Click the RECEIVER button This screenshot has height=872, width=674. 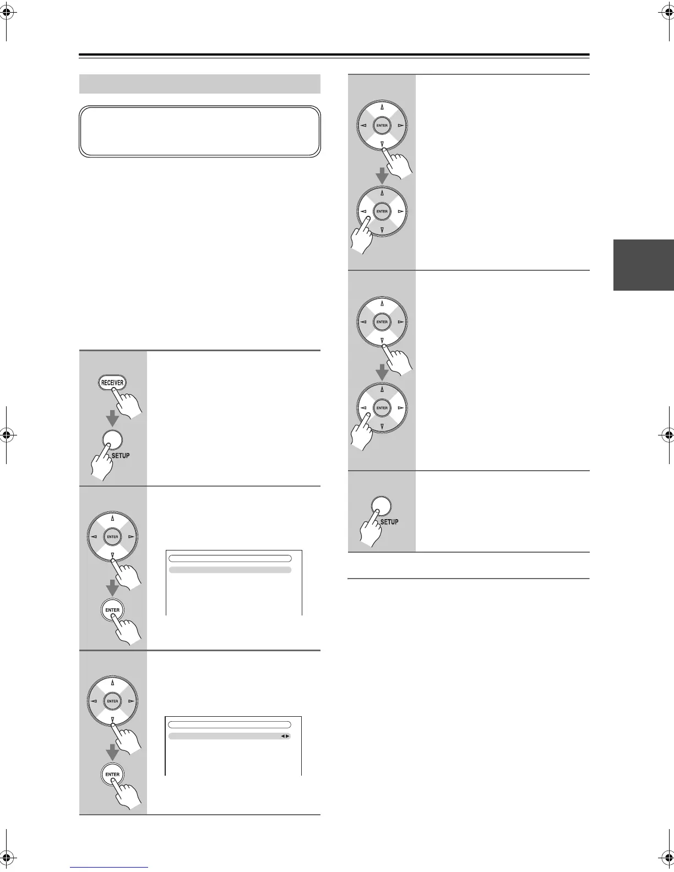[x=112, y=383]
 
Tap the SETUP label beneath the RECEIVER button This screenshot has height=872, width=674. [x=121, y=455]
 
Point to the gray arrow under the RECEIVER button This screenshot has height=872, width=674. [x=113, y=418]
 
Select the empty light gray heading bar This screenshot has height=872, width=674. [x=200, y=84]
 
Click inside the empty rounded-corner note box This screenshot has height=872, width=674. [x=200, y=132]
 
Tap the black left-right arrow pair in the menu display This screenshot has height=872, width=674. [x=285, y=736]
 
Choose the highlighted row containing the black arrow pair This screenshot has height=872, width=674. [x=229, y=736]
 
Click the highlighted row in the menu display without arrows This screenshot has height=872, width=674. [x=230, y=570]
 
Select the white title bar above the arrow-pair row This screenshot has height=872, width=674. [x=229, y=725]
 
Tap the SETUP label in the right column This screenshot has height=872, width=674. [x=389, y=521]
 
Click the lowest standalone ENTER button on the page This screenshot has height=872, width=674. [x=112, y=775]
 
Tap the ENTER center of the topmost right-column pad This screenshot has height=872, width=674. [x=382, y=126]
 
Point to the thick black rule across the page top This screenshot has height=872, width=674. [x=334, y=55]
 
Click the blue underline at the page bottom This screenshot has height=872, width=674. [x=109, y=867]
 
